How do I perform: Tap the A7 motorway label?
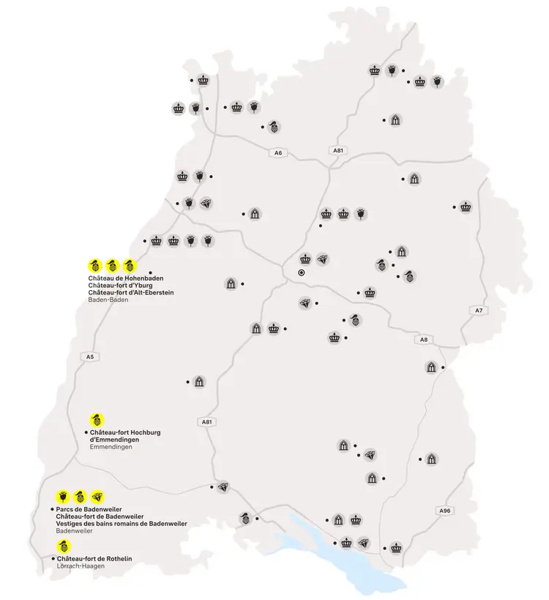(x=479, y=311)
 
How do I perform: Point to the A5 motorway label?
(x=90, y=357)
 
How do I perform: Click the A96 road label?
(x=444, y=510)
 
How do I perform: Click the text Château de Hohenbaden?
(x=125, y=279)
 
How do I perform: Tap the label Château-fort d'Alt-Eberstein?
(x=130, y=293)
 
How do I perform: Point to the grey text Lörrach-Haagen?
(x=80, y=566)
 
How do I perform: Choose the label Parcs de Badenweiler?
(x=89, y=509)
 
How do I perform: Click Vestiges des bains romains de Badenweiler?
(x=122, y=524)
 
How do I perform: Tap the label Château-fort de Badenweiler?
(x=99, y=516)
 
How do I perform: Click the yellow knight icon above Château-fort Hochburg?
(x=96, y=420)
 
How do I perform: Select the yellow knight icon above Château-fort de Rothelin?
(x=64, y=546)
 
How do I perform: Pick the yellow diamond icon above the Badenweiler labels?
(x=97, y=496)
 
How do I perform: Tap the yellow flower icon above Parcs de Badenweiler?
(x=63, y=496)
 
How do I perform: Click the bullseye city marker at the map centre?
(x=301, y=273)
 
